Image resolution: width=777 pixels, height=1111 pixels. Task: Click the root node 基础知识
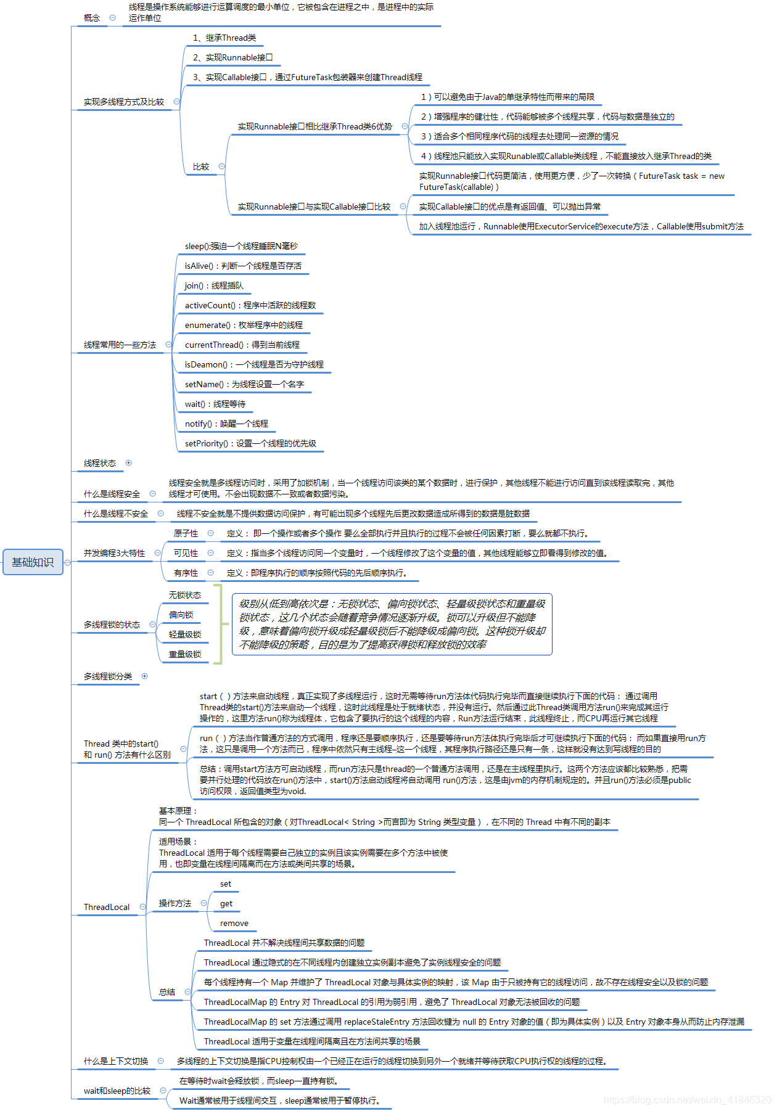(33, 562)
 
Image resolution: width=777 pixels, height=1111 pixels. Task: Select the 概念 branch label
(92, 18)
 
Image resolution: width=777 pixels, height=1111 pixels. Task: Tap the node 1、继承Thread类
(224, 38)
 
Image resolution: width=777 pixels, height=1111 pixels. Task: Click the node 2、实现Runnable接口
(232, 58)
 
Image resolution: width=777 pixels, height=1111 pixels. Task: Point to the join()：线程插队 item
(214, 286)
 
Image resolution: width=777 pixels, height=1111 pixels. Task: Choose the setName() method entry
(244, 385)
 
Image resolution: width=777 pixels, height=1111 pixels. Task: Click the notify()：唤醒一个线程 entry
(226, 424)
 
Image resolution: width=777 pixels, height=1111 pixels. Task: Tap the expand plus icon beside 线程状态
(128, 463)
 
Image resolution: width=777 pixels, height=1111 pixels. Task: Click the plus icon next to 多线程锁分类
(145, 676)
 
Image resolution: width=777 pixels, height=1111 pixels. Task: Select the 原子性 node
(186, 534)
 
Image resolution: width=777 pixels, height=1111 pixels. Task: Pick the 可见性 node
(186, 554)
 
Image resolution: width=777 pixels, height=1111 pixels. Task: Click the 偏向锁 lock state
(181, 615)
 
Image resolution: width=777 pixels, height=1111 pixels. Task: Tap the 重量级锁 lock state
(185, 655)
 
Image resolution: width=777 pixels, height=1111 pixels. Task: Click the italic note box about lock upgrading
(392, 624)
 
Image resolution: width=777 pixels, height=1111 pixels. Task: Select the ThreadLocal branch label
(107, 908)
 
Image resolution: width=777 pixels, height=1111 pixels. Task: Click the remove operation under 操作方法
(234, 924)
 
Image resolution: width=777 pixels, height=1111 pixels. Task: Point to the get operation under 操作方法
(226, 904)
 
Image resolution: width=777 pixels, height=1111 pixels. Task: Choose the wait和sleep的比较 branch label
(117, 1091)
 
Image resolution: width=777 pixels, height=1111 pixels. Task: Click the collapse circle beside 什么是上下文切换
(161, 1061)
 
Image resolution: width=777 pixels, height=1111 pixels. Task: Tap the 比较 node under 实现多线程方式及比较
(201, 167)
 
